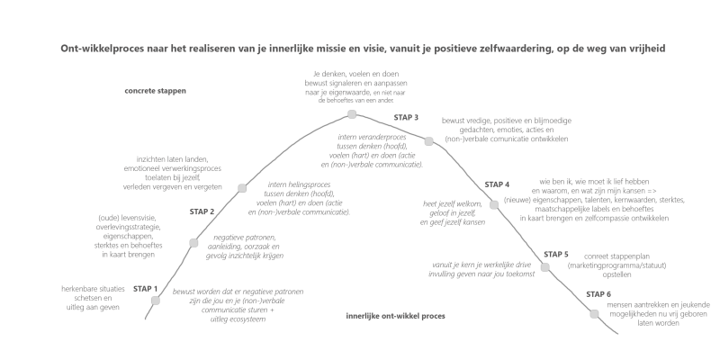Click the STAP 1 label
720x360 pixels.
click(145, 289)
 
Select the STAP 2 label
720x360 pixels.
click(202, 211)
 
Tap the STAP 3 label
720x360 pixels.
click(406, 118)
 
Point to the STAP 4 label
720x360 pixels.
click(497, 184)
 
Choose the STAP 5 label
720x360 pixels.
click(555, 254)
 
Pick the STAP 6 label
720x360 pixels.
click(598, 294)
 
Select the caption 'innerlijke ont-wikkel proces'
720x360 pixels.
click(396, 316)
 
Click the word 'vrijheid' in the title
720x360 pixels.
click(641, 47)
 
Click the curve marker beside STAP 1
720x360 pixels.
click(156, 301)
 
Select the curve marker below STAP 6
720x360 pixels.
click(595, 313)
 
